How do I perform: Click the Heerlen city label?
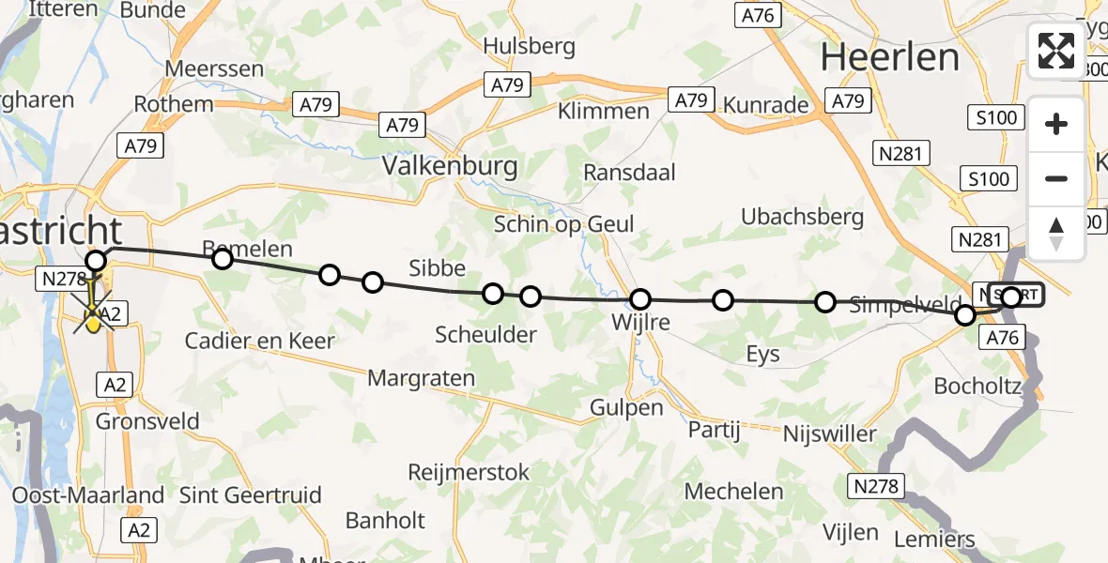[890, 57]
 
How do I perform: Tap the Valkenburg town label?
[450, 167]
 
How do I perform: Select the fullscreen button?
[1056, 51]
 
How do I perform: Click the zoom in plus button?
[1056, 124]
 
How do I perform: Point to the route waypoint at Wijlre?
[640, 299]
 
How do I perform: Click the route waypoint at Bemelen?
[223, 258]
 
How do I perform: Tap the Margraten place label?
[422, 379]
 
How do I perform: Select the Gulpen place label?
[627, 407]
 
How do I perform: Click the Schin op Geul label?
[564, 224]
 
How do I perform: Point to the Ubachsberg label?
[802, 217]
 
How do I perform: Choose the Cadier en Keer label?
[259, 341]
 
